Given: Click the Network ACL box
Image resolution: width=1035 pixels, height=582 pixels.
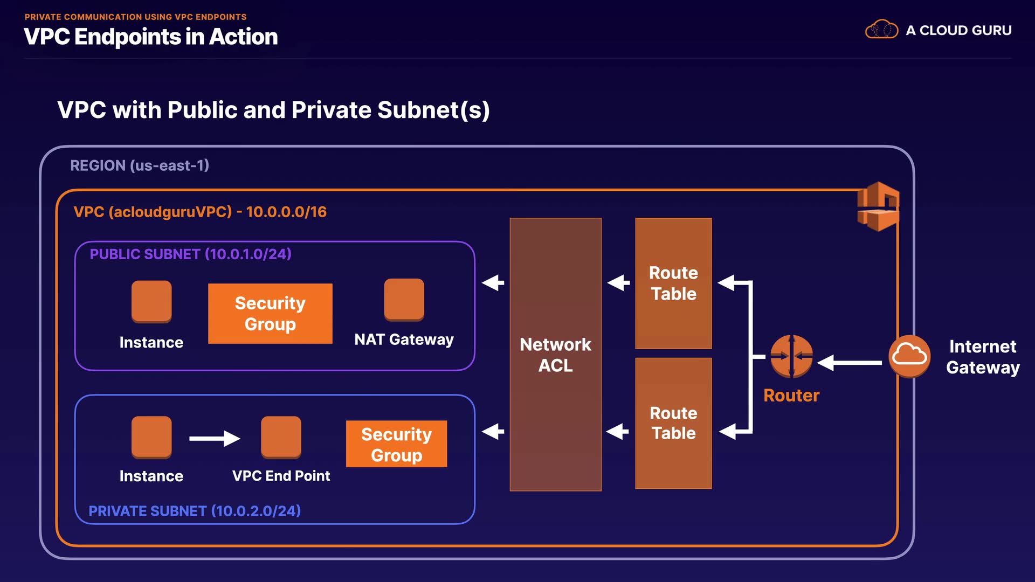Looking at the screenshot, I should coord(555,354).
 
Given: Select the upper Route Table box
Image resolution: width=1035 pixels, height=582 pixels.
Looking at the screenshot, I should coord(673,283).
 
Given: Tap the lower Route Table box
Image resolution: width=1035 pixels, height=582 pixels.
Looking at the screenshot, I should coord(673,423).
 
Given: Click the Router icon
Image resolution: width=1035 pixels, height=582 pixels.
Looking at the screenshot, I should coord(791,356).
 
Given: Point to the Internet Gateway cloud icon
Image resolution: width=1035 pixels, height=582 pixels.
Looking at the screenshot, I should coord(909,356).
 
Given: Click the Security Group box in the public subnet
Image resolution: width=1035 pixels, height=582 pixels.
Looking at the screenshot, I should coord(270,314).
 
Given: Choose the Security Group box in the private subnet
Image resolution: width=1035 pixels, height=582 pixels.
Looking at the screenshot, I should coord(396,444).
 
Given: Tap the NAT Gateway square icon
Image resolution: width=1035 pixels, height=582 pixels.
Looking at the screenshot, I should coord(404,299).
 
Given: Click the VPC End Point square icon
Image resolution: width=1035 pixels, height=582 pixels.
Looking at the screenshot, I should coord(281,436).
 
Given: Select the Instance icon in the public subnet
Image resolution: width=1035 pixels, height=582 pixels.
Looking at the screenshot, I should coord(151,301).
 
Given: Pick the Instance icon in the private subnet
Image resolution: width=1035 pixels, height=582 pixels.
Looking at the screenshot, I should coord(151,436).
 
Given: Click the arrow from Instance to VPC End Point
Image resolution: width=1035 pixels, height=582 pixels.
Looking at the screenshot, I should coord(215,438).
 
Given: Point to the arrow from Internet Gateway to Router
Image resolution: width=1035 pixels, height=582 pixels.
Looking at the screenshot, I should coord(850,363).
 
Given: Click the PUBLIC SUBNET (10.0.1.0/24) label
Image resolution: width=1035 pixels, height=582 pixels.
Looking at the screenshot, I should coord(190,254).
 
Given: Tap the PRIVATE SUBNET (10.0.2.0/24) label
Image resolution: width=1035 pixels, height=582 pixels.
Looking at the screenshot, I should coord(195,511).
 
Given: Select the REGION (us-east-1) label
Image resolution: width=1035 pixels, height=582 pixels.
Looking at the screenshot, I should coord(140,165).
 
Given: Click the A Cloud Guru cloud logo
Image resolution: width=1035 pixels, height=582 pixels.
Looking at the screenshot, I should coord(881,30).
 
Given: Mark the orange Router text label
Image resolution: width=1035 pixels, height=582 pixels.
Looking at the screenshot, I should coord(791,396).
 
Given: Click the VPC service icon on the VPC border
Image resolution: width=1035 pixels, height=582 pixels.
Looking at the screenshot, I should coord(878,206).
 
